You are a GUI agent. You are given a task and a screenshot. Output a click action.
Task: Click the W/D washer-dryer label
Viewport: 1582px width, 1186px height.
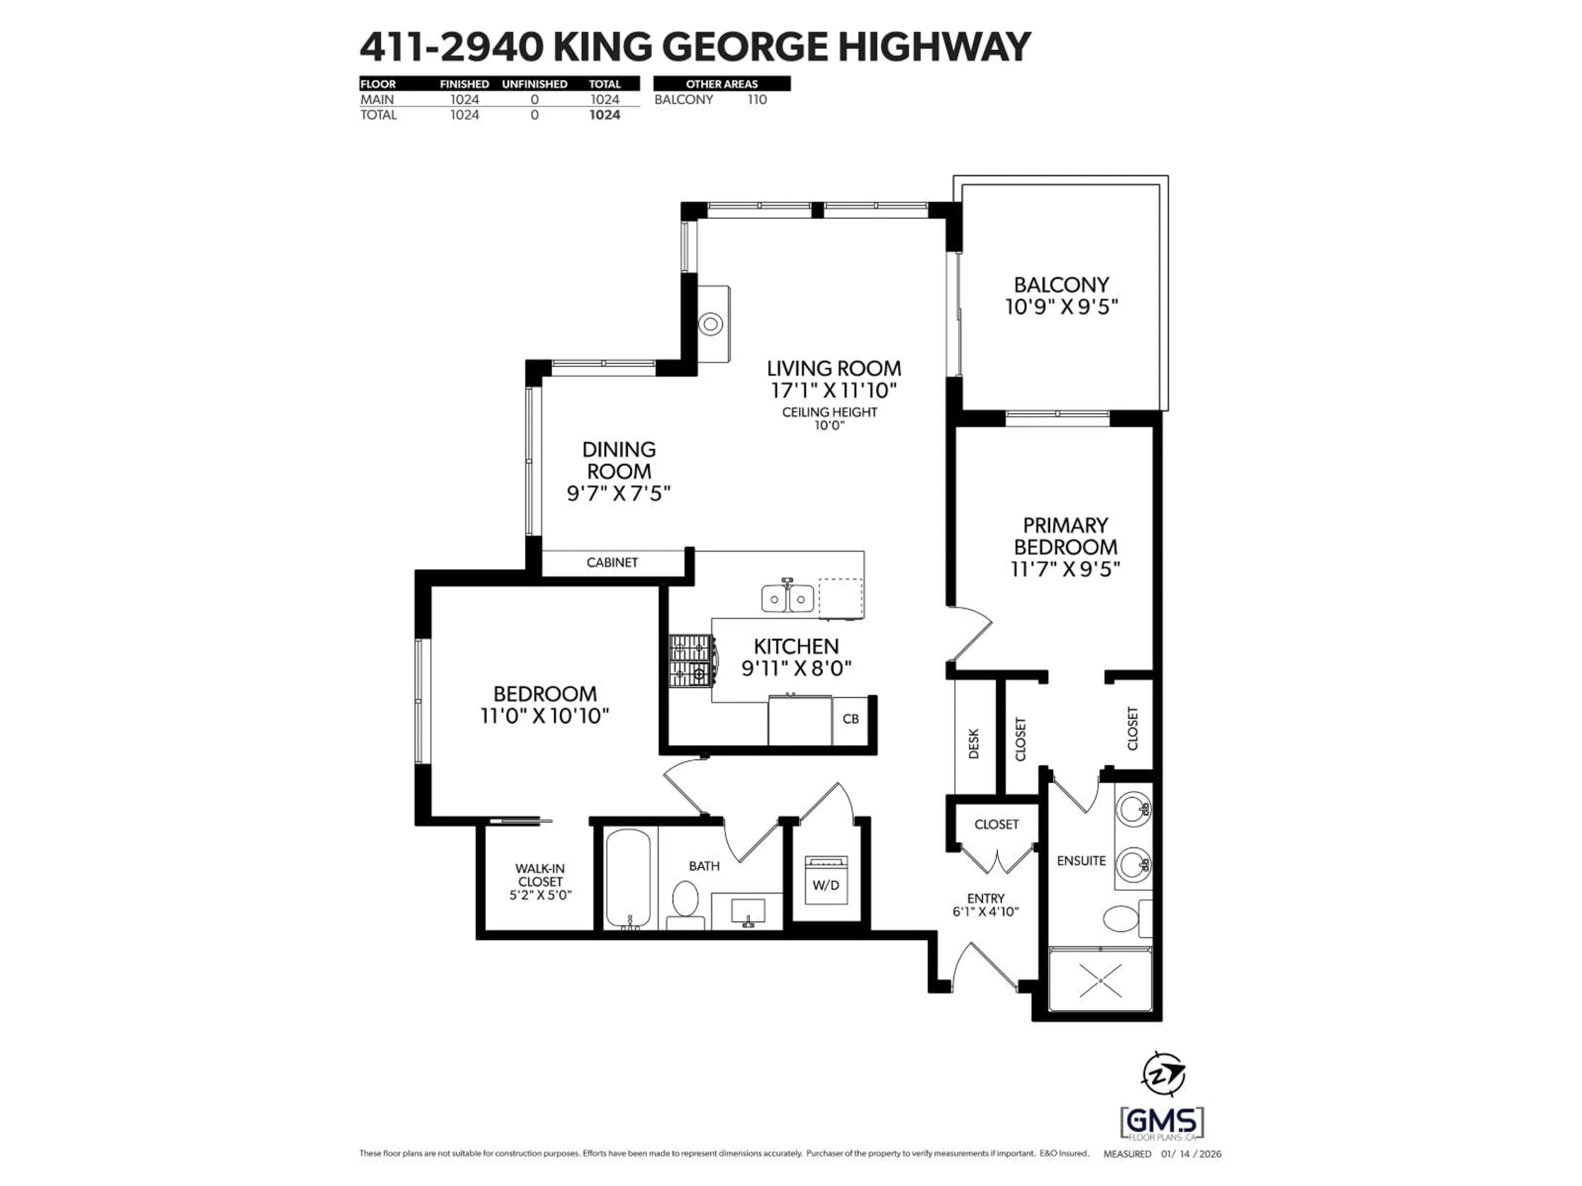[x=826, y=885]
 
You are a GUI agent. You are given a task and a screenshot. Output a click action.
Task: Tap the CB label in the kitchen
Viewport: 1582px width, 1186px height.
[x=850, y=719]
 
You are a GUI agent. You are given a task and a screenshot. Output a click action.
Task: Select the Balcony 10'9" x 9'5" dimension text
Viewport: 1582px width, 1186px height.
[x=1061, y=307]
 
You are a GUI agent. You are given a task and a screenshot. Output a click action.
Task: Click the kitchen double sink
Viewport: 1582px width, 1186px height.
[x=787, y=598]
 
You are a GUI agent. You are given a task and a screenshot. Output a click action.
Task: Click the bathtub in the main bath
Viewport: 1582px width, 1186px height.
[x=628, y=878]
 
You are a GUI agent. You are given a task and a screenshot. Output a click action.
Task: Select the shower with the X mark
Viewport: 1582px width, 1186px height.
[x=1100, y=981]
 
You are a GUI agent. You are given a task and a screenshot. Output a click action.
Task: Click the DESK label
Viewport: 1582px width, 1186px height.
[x=974, y=743]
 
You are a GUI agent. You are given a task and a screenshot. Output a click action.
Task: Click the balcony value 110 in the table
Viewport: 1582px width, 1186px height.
[x=757, y=99]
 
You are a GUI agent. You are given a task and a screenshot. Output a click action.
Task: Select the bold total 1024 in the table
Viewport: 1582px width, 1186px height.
[x=604, y=115]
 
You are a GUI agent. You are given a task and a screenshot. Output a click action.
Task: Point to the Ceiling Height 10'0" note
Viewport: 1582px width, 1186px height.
[x=830, y=418]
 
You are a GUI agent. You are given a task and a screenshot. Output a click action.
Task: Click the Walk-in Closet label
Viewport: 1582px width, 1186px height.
[x=540, y=881]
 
